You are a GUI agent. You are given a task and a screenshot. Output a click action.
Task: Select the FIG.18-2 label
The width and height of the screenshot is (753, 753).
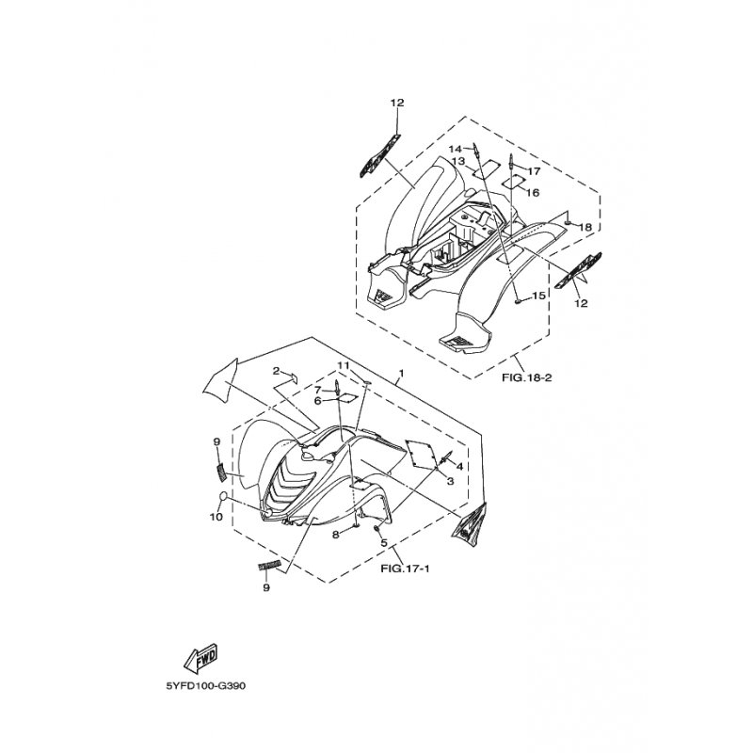pos(527,377)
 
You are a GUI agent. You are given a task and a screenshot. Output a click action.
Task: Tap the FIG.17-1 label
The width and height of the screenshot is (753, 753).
pos(405,569)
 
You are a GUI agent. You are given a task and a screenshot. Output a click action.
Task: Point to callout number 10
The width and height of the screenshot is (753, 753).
pos(216,517)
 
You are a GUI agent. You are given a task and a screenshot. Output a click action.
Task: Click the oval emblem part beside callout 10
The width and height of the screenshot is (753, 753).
pos(224,497)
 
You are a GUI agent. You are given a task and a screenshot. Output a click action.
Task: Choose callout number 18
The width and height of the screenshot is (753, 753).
pos(585,227)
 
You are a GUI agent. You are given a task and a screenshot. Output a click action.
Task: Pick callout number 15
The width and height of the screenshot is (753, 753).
pos(538,296)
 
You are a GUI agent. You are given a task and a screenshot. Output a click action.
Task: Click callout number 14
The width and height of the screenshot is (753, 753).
pos(455,149)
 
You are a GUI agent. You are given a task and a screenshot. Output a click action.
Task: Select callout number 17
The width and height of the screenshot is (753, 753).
pos(534,171)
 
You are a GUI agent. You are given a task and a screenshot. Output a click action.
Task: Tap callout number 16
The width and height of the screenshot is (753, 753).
pos(533,193)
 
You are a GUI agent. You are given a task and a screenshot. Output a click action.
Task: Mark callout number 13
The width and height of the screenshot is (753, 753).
pos(458,160)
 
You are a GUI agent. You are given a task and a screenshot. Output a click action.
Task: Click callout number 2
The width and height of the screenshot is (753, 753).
pos(276,370)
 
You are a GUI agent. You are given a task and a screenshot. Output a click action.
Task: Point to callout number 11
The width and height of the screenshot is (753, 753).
pos(343,365)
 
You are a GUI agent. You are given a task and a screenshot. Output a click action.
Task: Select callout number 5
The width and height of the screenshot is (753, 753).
pos(384,543)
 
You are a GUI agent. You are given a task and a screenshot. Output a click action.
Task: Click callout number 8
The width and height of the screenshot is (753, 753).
pos(336,534)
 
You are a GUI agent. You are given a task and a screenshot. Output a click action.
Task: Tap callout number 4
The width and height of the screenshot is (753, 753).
pos(459,466)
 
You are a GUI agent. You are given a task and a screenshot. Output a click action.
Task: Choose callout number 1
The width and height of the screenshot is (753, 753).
pos(402,373)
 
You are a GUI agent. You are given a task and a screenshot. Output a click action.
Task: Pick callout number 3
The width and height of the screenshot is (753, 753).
pos(450,481)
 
